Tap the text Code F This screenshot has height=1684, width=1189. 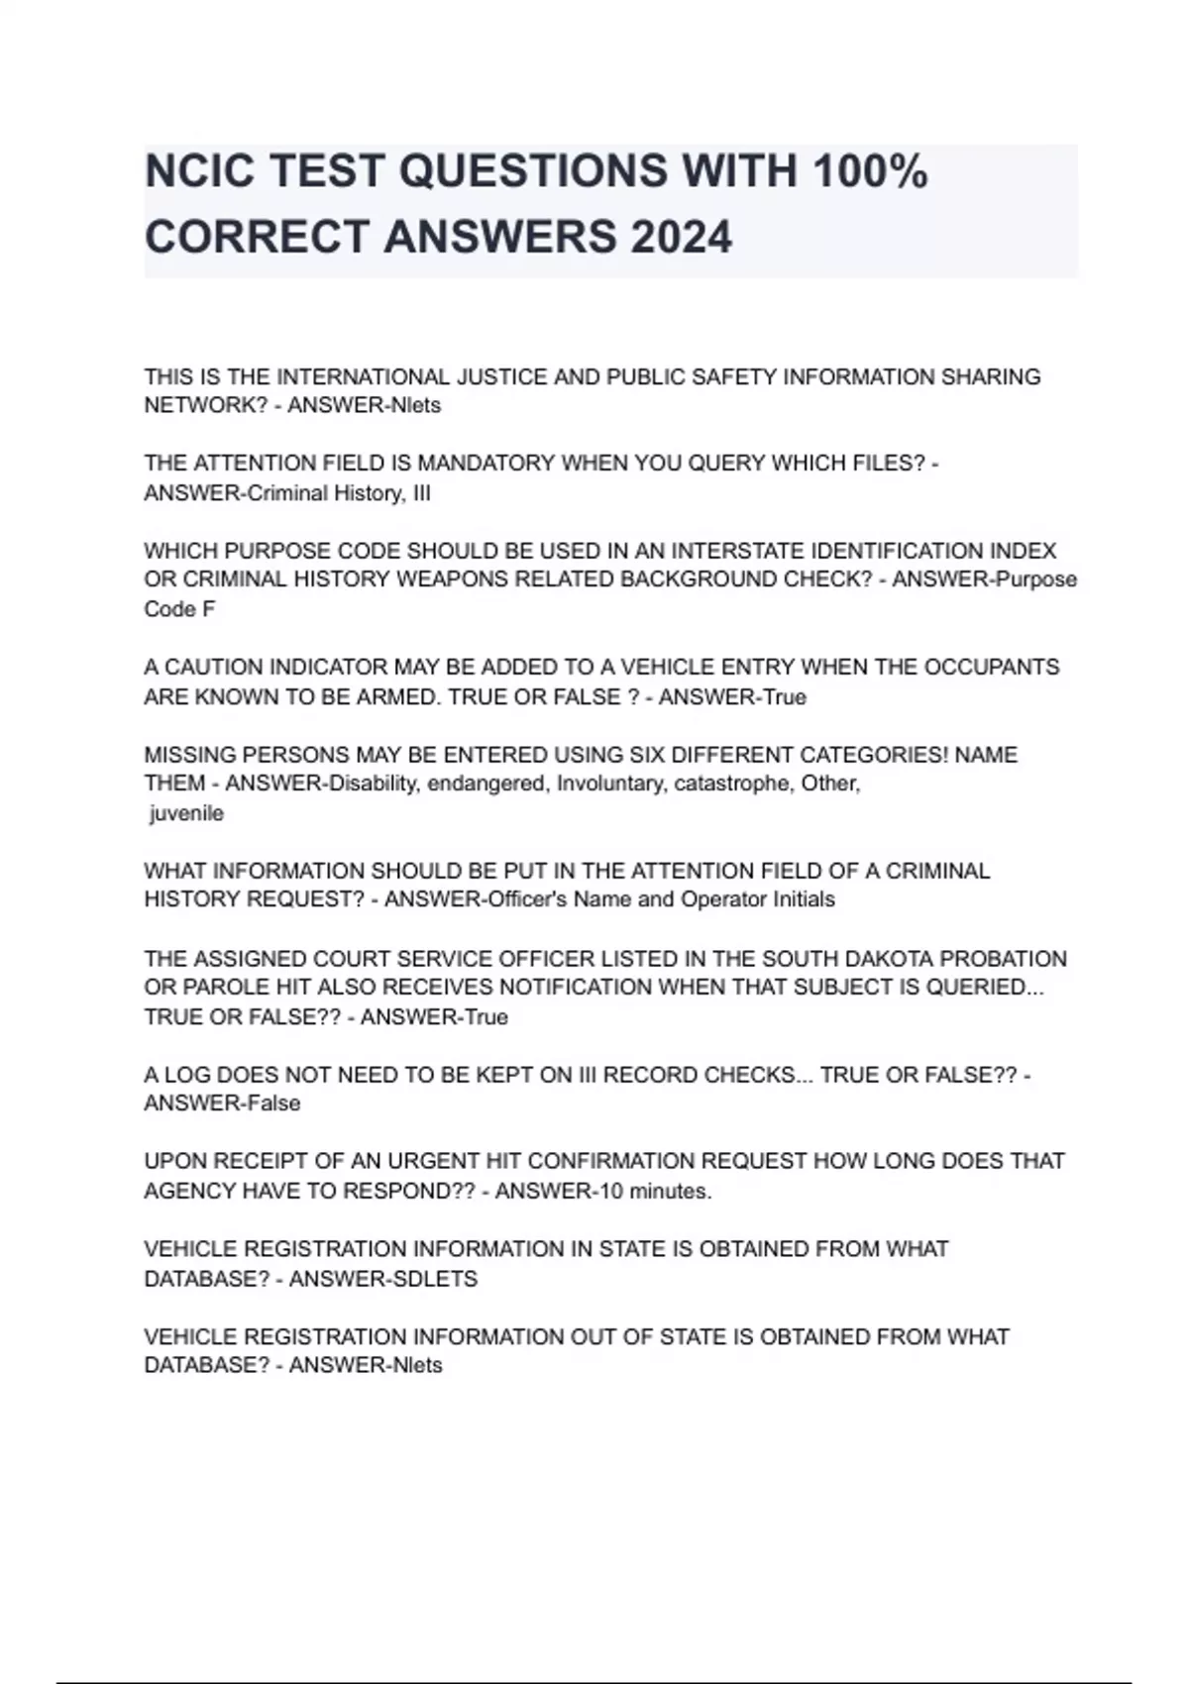coord(179,609)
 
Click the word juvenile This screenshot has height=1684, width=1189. coord(186,813)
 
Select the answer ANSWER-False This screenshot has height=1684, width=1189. coord(222,1104)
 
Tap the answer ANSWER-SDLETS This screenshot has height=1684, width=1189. coord(382,1279)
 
